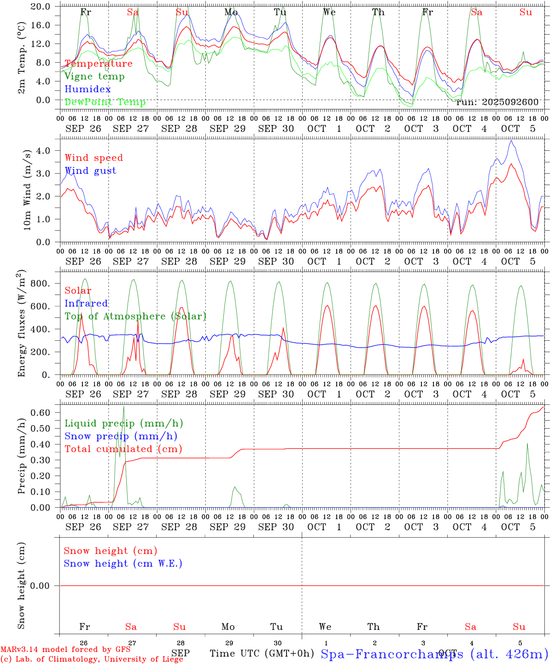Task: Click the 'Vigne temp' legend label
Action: click(94, 77)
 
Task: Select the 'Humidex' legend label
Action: click(88, 89)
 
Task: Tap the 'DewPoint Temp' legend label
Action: click(105, 102)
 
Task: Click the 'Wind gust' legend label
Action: click(90, 171)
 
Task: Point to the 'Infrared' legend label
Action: click(86, 303)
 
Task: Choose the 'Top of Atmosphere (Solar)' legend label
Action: click(135, 316)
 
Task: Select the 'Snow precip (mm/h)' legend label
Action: click(121, 436)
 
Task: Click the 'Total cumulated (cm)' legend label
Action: click(123, 449)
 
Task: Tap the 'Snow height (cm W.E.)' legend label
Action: click(123, 563)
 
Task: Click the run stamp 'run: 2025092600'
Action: click(497, 102)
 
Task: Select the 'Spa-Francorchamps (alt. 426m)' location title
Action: click(434, 654)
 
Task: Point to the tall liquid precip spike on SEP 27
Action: click(123, 407)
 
